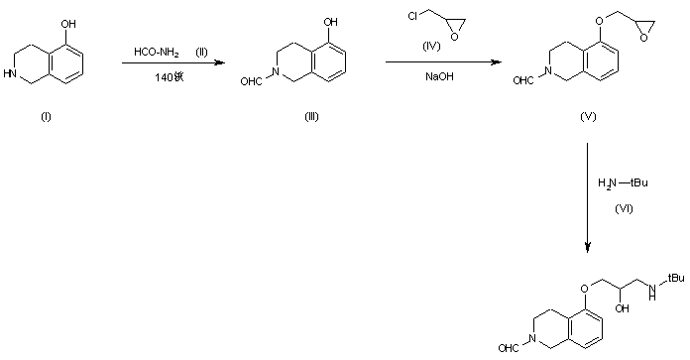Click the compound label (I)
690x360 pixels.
click(x=46, y=117)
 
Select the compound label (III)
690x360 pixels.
click(x=311, y=117)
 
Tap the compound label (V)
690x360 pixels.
click(x=587, y=116)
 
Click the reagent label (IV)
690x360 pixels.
click(x=433, y=47)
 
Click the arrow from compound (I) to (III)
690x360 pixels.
click(x=169, y=63)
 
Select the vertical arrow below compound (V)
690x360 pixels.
click(x=588, y=197)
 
